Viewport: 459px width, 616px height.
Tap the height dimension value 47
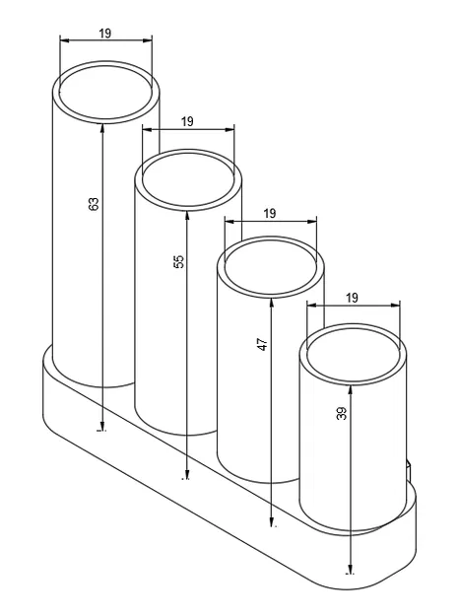[263, 347]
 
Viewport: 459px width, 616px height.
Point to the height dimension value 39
[342, 415]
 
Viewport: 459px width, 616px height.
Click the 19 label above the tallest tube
[105, 33]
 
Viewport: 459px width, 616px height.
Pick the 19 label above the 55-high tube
[188, 121]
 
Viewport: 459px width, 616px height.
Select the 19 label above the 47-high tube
[270, 213]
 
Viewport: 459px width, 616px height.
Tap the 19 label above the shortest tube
[353, 298]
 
